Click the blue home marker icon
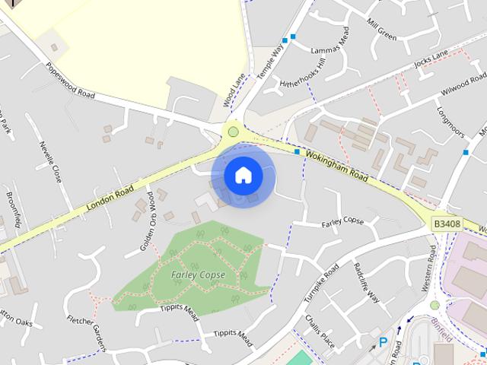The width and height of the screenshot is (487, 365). coord(243,176)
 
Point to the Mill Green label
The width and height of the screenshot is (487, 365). coord(382,30)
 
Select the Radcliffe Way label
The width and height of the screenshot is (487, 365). coord(367,282)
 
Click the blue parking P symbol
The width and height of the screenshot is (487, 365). coord(383,343)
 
